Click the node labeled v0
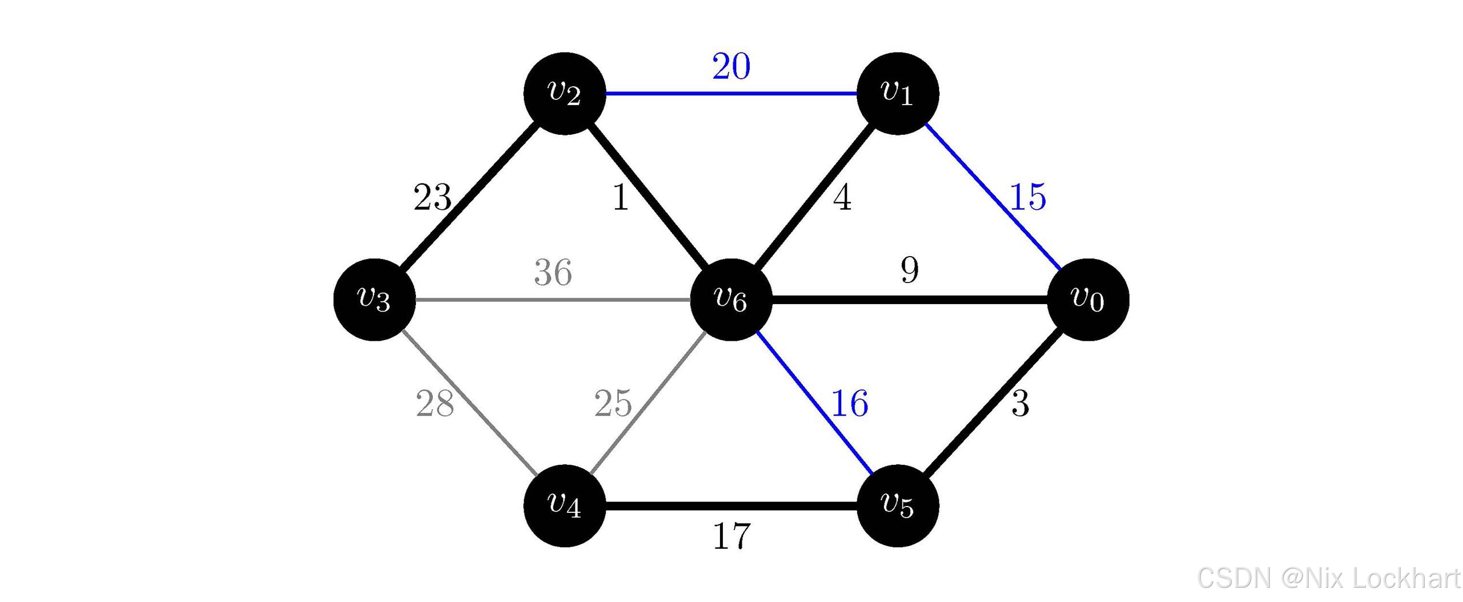tap(1088, 300)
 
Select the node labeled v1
tap(898, 93)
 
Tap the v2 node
tap(565, 93)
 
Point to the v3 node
tap(374, 300)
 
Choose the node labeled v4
tap(565, 505)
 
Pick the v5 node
tap(898, 505)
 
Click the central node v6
tap(731, 300)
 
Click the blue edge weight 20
tap(731, 66)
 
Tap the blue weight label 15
tap(1028, 197)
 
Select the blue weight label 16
tap(849, 404)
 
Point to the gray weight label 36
tap(553, 273)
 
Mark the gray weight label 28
tap(435, 404)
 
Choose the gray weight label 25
tap(613, 404)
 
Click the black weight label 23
tap(433, 198)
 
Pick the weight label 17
tap(731, 537)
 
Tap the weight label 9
tap(910, 270)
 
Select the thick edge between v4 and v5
tap(731, 506)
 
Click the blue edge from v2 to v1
tap(731, 93)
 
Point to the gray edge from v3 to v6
tap(553, 300)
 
